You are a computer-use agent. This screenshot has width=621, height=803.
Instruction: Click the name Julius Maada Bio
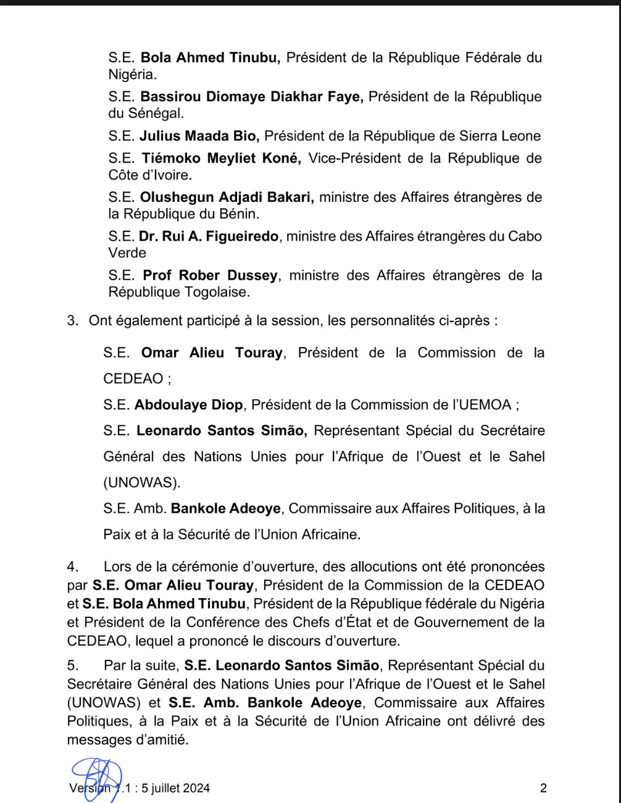(199, 136)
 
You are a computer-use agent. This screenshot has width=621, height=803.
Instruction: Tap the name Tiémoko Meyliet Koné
(221, 158)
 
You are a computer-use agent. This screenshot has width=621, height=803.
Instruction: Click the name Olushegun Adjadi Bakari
(227, 198)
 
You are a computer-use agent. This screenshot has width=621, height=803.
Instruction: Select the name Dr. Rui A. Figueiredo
(209, 236)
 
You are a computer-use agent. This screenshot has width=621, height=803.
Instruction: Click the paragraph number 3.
(72, 320)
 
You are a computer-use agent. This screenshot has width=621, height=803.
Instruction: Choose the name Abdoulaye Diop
(189, 405)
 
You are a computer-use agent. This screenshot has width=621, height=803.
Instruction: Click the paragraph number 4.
(72, 567)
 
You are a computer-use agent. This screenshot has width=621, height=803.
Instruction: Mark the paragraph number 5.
(72, 665)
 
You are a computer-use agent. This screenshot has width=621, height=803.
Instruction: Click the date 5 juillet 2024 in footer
(175, 788)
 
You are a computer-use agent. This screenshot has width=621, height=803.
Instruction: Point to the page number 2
(543, 788)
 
